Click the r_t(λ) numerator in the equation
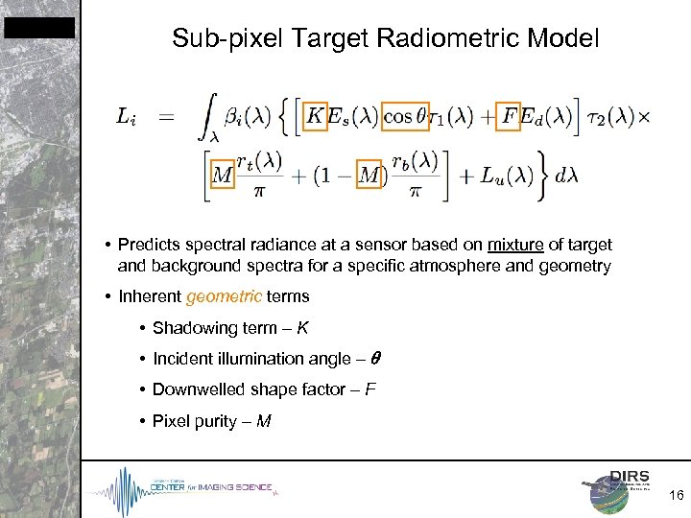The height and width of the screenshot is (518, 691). point(258,160)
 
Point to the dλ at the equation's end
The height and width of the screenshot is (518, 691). point(566,176)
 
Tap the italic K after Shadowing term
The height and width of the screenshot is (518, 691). point(303,328)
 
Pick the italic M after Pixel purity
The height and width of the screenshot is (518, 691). point(264,420)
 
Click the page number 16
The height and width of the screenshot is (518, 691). point(676,495)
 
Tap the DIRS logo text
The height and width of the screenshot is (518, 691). point(630,477)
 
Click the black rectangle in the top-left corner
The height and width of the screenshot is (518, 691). point(38,28)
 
